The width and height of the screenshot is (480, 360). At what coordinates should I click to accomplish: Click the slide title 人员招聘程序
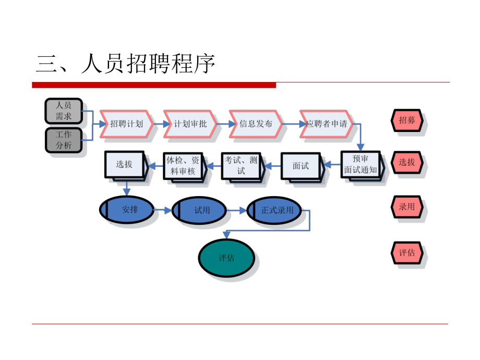coord(126,65)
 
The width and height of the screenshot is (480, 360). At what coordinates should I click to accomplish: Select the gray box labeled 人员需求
coord(64,111)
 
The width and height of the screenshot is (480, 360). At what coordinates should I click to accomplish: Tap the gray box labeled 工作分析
coord(64,140)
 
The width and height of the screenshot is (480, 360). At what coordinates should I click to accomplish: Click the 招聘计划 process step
coord(127,124)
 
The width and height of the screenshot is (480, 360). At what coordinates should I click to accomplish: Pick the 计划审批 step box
coord(190,124)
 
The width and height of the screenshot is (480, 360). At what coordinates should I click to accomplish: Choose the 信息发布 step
coord(256,124)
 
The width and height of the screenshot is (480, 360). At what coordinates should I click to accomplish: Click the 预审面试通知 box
coord(361,165)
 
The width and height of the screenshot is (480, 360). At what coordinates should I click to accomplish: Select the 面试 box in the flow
coord(301,166)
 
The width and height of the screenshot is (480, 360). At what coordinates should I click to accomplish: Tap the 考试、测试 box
coord(241,165)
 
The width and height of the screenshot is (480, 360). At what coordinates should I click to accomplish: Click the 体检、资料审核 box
coord(182,165)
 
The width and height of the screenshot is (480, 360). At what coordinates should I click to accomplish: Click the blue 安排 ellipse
coord(129,210)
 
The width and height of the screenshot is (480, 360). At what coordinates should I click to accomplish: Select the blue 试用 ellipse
coord(201,211)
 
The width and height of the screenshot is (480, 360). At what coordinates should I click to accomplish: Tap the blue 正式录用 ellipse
coord(277,211)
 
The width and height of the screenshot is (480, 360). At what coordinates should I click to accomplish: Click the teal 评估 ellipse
coord(226,258)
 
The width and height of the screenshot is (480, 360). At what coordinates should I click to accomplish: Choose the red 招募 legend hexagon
coord(407,120)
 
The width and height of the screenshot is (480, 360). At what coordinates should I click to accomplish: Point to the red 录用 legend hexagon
coord(407,207)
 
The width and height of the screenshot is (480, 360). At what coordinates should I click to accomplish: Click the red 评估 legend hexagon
coord(407,253)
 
